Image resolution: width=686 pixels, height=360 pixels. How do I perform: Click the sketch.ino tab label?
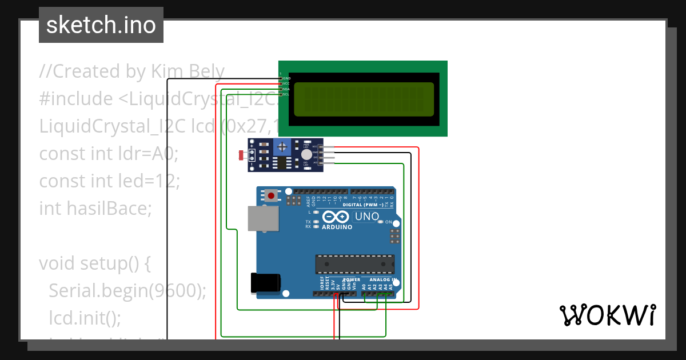point(101,25)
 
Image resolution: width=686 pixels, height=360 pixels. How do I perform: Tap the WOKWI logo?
point(607,315)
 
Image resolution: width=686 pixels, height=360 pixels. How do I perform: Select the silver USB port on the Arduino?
point(262,218)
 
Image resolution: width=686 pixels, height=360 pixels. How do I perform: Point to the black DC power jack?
point(266,283)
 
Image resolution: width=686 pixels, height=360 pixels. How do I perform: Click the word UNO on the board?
point(367,217)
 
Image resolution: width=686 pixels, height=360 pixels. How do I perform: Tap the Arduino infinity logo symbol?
point(336,217)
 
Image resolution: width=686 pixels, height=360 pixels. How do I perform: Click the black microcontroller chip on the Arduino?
point(354,264)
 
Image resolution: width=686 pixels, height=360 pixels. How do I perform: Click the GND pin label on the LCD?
point(286,78)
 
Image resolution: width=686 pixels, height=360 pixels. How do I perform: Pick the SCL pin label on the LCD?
point(286,94)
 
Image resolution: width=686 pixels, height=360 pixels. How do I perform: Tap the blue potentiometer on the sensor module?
point(281,147)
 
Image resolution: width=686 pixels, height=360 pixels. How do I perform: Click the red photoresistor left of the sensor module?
point(241,155)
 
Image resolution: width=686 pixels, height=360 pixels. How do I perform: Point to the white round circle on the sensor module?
point(307,154)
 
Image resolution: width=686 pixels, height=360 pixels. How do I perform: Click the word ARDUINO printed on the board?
point(337,227)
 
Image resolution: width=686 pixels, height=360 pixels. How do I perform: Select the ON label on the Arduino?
point(389,222)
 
